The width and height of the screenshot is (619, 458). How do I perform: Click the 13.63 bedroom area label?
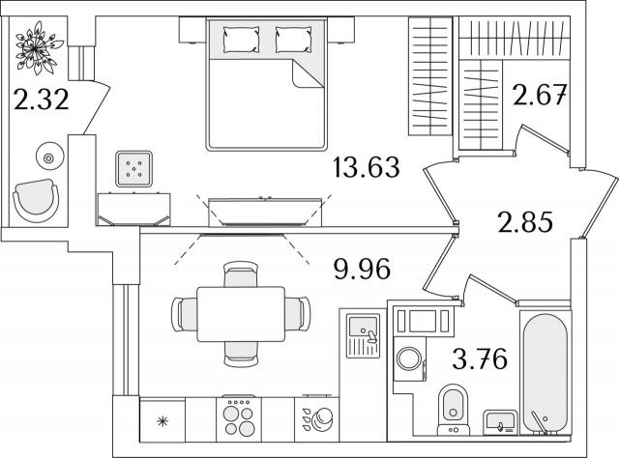click(367, 167)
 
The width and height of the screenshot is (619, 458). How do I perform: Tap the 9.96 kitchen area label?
click(362, 269)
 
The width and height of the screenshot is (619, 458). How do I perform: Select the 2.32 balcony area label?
click(41, 99)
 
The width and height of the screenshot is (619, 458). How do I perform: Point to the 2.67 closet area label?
click(540, 95)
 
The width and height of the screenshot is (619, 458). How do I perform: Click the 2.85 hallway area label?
click(525, 221)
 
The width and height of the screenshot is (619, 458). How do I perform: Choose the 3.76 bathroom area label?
click(480, 358)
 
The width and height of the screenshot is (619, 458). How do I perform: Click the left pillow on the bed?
click(241, 40)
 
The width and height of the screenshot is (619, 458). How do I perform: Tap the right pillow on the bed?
click(293, 40)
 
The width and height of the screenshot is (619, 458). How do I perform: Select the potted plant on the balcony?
click(37, 47)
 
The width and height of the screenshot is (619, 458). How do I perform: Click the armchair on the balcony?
click(37, 200)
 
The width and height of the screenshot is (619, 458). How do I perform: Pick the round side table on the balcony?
click(49, 158)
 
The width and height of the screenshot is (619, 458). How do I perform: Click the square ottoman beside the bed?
click(133, 169)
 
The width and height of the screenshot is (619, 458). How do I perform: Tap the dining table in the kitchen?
click(241, 314)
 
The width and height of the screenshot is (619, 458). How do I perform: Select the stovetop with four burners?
click(239, 419)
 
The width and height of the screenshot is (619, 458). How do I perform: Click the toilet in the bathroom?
click(454, 410)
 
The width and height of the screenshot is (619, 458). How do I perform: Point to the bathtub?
click(545, 373)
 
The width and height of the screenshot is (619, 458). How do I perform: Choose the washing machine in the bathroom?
click(410, 359)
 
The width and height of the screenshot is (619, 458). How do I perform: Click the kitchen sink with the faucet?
click(364, 335)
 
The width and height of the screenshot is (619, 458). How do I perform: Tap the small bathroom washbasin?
click(501, 422)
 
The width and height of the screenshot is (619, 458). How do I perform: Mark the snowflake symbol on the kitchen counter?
click(162, 421)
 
